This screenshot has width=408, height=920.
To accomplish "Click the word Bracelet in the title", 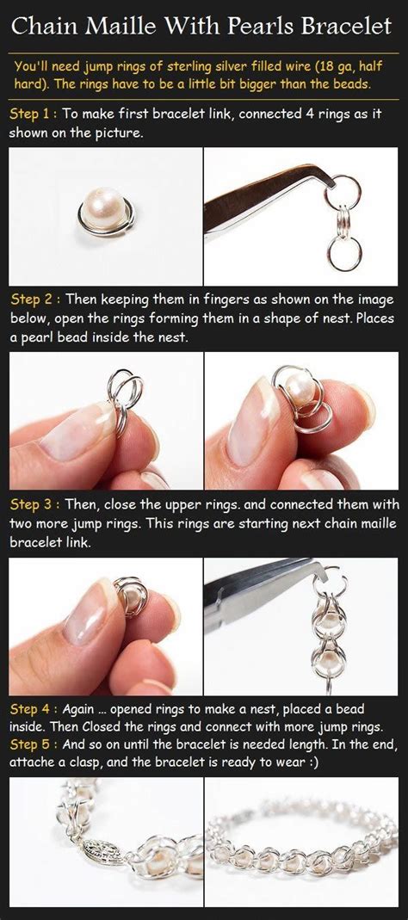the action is tap(349, 27).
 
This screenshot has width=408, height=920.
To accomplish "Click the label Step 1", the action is tap(33, 114).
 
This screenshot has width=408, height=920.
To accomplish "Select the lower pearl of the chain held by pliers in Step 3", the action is tap(328, 663).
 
